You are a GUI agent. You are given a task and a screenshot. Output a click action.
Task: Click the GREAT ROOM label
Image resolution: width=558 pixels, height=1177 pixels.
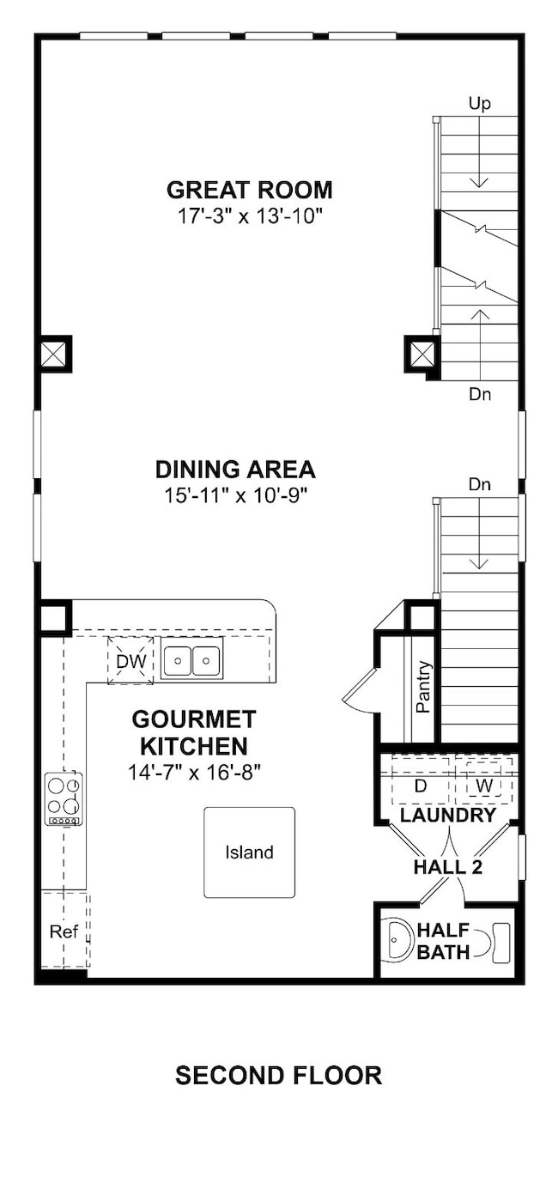[x=250, y=190]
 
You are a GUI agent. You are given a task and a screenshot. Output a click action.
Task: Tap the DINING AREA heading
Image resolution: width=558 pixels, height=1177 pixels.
[x=235, y=470]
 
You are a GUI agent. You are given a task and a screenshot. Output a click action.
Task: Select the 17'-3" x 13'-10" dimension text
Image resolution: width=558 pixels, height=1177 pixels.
[x=250, y=216]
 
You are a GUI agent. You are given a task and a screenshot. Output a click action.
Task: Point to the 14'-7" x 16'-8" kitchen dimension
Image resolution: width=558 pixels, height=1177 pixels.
[x=194, y=773]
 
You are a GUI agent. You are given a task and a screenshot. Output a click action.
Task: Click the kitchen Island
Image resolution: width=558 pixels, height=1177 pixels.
[x=250, y=852]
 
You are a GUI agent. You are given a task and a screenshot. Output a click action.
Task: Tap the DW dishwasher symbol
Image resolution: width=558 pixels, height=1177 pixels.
[x=130, y=660]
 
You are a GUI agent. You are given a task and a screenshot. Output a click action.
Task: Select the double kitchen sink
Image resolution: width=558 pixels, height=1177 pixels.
[x=191, y=660]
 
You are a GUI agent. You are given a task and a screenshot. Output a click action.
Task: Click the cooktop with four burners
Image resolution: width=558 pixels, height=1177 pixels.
[x=64, y=798]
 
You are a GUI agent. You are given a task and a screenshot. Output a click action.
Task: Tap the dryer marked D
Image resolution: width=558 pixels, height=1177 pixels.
[x=421, y=780]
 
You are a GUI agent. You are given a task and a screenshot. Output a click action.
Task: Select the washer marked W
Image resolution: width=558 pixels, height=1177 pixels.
[x=484, y=780]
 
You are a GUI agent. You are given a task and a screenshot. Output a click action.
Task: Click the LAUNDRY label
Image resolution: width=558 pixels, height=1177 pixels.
[x=448, y=816]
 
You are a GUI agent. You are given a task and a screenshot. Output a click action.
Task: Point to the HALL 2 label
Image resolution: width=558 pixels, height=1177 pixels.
[x=448, y=868]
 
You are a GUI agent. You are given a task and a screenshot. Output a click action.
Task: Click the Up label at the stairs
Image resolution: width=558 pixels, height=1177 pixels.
[x=479, y=104]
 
